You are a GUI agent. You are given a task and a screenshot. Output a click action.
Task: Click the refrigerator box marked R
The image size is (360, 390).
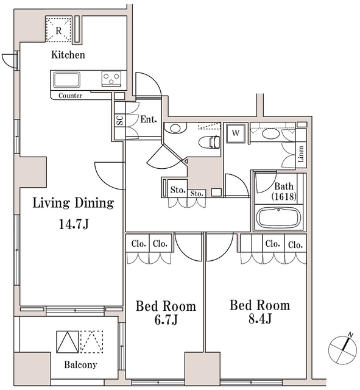click(x=58, y=30)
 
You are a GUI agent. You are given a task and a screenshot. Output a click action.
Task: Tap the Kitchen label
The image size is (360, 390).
click(x=68, y=55)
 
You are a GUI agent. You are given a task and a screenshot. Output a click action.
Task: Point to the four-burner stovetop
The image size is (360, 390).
click(x=110, y=79)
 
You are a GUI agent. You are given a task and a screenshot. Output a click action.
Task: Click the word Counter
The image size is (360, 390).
click(x=71, y=96)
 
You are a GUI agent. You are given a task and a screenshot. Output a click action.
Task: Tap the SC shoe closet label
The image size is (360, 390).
click(x=119, y=120)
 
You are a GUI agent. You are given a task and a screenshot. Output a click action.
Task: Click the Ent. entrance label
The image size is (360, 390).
click(x=149, y=120)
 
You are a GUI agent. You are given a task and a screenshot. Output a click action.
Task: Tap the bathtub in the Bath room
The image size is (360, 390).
click(x=278, y=218)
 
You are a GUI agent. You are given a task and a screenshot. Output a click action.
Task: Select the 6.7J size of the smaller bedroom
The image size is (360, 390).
click(x=166, y=320)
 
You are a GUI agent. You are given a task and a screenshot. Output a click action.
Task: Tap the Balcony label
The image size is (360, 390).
click(x=80, y=365)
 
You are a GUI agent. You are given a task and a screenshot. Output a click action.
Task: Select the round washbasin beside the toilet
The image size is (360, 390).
click(x=175, y=129)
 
